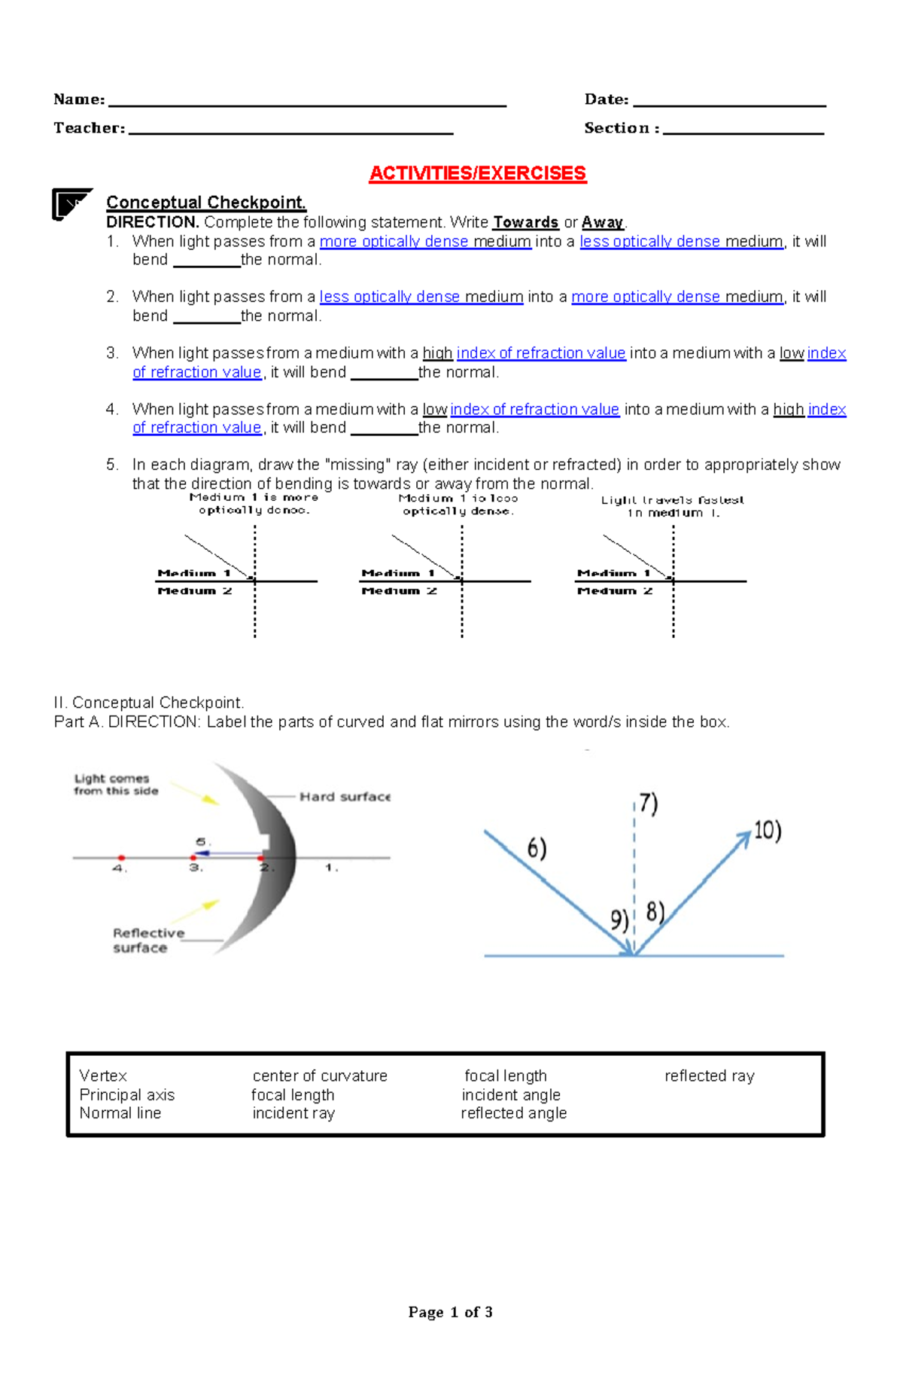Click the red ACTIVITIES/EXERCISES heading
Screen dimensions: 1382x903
[477, 173]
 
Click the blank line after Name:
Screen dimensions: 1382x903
[307, 104]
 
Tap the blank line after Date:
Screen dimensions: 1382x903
[729, 104]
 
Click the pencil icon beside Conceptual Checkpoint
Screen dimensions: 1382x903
[71, 203]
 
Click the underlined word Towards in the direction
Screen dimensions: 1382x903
[525, 222]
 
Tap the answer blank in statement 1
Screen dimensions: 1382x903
[206, 264]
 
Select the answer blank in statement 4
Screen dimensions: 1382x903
[384, 432]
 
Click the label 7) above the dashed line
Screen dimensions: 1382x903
[648, 804]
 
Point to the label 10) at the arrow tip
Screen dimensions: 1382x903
[768, 831]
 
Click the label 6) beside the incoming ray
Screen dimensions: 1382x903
[537, 849]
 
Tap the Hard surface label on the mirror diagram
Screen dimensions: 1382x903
[345, 797]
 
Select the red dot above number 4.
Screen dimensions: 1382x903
[121, 857]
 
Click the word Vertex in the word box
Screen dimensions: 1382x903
[103, 1075]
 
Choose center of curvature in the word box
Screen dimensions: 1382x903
[320, 1075]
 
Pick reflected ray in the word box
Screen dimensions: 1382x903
[709, 1075]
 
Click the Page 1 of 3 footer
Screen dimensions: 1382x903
[450, 1312]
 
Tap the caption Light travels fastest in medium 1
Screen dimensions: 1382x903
[672, 506]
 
